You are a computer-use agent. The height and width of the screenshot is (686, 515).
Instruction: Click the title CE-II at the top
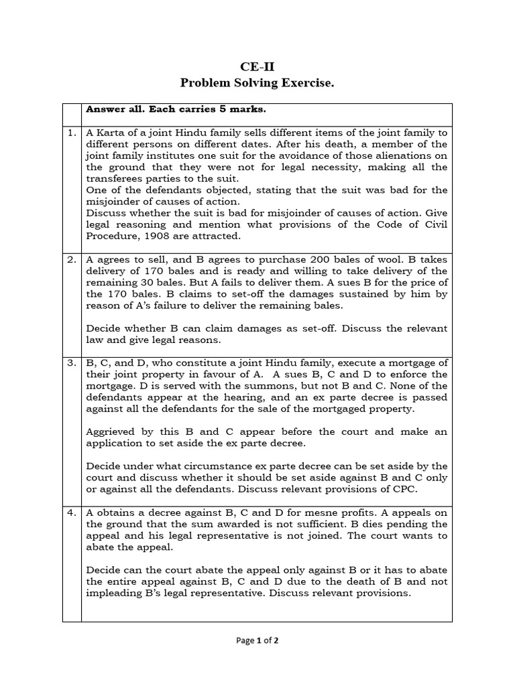[x=257, y=66]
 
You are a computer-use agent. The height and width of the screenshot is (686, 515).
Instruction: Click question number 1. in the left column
[x=71, y=133]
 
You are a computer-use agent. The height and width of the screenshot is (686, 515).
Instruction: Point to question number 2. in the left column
[x=71, y=260]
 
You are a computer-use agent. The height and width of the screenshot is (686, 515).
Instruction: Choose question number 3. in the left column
[x=71, y=362]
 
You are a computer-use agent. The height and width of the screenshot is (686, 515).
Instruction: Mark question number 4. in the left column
[x=71, y=513]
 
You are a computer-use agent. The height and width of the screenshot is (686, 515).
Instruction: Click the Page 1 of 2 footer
[x=257, y=640]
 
